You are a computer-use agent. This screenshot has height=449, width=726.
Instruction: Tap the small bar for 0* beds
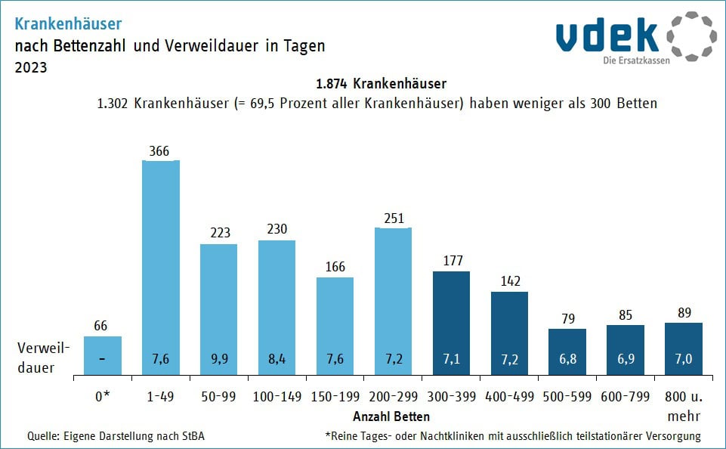(103, 355)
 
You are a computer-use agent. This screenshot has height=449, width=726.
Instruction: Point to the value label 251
(393, 218)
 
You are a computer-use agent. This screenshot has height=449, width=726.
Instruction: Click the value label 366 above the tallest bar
(161, 151)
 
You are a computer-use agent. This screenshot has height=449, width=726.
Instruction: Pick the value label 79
(567, 319)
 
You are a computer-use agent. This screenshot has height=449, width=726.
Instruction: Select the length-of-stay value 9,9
(219, 358)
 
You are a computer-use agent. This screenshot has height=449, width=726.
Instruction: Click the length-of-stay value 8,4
(277, 358)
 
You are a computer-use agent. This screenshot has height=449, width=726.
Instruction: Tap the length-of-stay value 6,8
(567, 358)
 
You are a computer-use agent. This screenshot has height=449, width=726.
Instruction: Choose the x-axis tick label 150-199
(335, 395)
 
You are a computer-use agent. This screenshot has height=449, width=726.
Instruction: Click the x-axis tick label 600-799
(626, 395)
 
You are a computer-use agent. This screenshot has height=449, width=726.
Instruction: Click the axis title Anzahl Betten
(391, 416)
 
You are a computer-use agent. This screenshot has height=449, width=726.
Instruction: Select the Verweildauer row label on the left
(45, 358)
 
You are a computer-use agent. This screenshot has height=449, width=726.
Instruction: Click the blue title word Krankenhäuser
(68, 25)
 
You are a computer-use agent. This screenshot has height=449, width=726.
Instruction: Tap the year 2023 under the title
(31, 67)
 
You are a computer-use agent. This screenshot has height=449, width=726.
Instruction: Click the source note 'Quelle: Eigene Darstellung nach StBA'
(116, 435)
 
